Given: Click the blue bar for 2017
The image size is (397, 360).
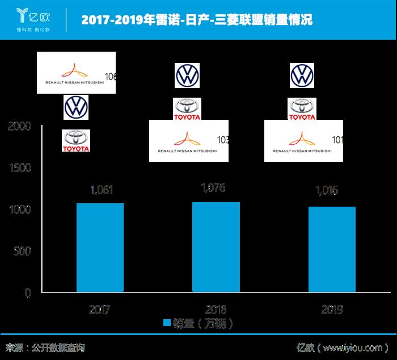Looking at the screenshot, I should pyautogui.click(x=100, y=248).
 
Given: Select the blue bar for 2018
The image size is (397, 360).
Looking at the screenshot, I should pyautogui.click(x=216, y=247).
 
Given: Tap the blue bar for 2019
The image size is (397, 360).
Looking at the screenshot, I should pyautogui.click(x=332, y=249).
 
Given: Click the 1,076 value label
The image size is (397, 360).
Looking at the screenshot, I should pyautogui.click(x=216, y=188).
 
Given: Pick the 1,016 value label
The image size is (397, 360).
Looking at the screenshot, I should pyautogui.click(x=326, y=190).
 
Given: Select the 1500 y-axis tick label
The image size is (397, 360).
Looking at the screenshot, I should pyautogui.click(x=20, y=168).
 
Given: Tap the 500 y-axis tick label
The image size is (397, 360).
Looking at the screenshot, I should pyautogui.click(x=23, y=252).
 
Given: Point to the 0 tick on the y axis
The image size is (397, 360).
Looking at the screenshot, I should pyautogui.click(x=27, y=293).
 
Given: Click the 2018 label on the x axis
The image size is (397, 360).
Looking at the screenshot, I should pyautogui.click(x=216, y=310).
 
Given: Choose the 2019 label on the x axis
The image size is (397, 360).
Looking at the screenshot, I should pyautogui.click(x=332, y=310).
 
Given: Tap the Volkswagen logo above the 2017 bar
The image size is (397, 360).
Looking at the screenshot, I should pyautogui.click(x=75, y=107).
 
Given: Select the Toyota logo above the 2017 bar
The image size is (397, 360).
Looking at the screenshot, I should pyautogui.click(x=75, y=140).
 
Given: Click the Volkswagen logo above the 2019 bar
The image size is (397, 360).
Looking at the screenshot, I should pyautogui.click(x=302, y=75).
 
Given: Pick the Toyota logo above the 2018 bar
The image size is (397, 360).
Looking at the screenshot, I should pyautogui.click(x=187, y=108).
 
